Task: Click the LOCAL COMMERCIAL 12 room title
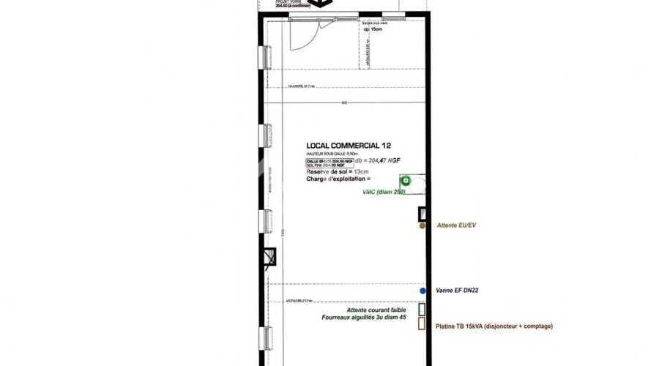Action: [349, 145]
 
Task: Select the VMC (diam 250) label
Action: [384, 193]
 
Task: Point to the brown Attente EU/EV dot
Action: [422, 226]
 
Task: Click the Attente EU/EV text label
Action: [456, 226]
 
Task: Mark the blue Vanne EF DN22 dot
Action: [422, 291]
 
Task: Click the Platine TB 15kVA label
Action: [494, 326]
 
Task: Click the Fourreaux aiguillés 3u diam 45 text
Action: [363, 318]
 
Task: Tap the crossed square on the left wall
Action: [269, 256]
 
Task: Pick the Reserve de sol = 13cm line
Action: [338, 171]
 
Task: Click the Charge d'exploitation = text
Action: [338, 179]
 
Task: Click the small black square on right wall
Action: [422, 214]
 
